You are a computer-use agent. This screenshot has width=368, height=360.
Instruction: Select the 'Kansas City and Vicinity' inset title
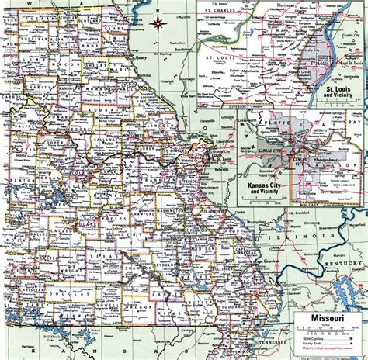tap(265, 189)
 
